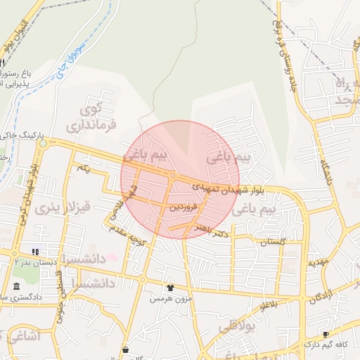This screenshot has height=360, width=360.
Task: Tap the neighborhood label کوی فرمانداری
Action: (87, 118)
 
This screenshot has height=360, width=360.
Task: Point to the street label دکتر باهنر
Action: (213, 229)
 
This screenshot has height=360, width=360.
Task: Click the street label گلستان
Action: (274, 242)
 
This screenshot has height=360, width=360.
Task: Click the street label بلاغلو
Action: (269, 305)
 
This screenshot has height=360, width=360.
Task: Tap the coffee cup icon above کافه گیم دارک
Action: (325, 334)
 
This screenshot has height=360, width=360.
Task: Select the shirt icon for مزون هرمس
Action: (169, 288)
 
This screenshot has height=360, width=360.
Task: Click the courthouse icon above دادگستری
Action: (16, 285)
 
